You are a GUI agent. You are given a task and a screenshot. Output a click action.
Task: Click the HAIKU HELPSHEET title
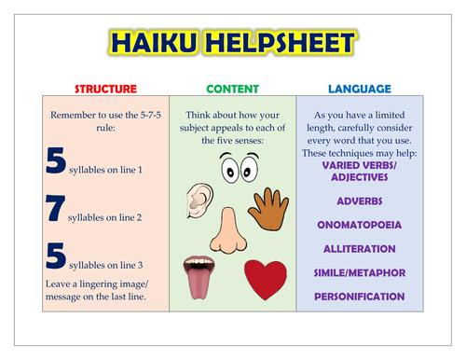(232, 42)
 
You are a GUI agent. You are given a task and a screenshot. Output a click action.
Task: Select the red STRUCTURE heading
(105, 89)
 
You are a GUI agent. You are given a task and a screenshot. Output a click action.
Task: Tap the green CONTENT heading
(232, 89)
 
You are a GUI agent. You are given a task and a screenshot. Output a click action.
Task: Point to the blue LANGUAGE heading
(359, 89)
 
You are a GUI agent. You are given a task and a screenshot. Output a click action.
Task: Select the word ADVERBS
(359, 201)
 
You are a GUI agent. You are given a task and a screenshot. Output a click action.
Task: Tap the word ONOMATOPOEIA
(359, 224)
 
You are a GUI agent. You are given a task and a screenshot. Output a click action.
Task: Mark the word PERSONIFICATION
(359, 297)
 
